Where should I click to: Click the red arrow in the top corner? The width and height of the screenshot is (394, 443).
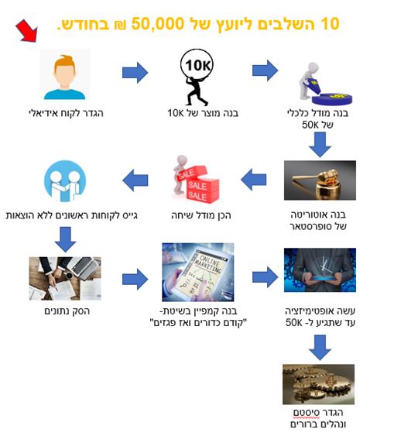click(27, 30)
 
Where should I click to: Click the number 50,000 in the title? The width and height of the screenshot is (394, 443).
click(158, 24)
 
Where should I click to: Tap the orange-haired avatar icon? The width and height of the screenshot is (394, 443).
click(65, 74)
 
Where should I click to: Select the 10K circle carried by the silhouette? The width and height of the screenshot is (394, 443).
click(197, 65)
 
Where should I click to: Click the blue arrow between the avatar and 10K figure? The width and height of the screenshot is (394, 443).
click(135, 73)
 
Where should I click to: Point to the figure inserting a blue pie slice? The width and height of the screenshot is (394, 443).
click(325, 84)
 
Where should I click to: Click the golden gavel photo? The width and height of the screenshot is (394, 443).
click(320, 180)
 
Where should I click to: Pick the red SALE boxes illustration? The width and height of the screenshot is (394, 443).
click(196, 179)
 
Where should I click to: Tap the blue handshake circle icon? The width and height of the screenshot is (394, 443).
click(65, 181)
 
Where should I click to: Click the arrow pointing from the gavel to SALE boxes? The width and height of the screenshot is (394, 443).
click(254, 180)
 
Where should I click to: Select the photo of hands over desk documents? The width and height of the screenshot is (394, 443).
click(65, 278)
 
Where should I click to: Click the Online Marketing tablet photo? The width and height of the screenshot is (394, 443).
click(198, 272)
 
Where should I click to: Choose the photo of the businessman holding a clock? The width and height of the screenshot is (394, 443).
click(320, 270)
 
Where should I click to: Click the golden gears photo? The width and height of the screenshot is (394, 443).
click(319, 384)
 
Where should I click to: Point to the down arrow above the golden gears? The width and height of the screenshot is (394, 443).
click(320, 347)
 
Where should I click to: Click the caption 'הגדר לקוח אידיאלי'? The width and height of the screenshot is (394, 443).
click(66, 113)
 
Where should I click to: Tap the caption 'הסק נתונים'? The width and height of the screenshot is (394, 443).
click(67, 311)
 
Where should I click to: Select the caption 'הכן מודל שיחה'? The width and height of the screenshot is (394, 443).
click(201, 215)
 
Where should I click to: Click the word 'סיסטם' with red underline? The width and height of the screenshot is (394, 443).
click(307, 413)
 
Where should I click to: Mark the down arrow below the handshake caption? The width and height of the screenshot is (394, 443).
click(65, 239)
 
